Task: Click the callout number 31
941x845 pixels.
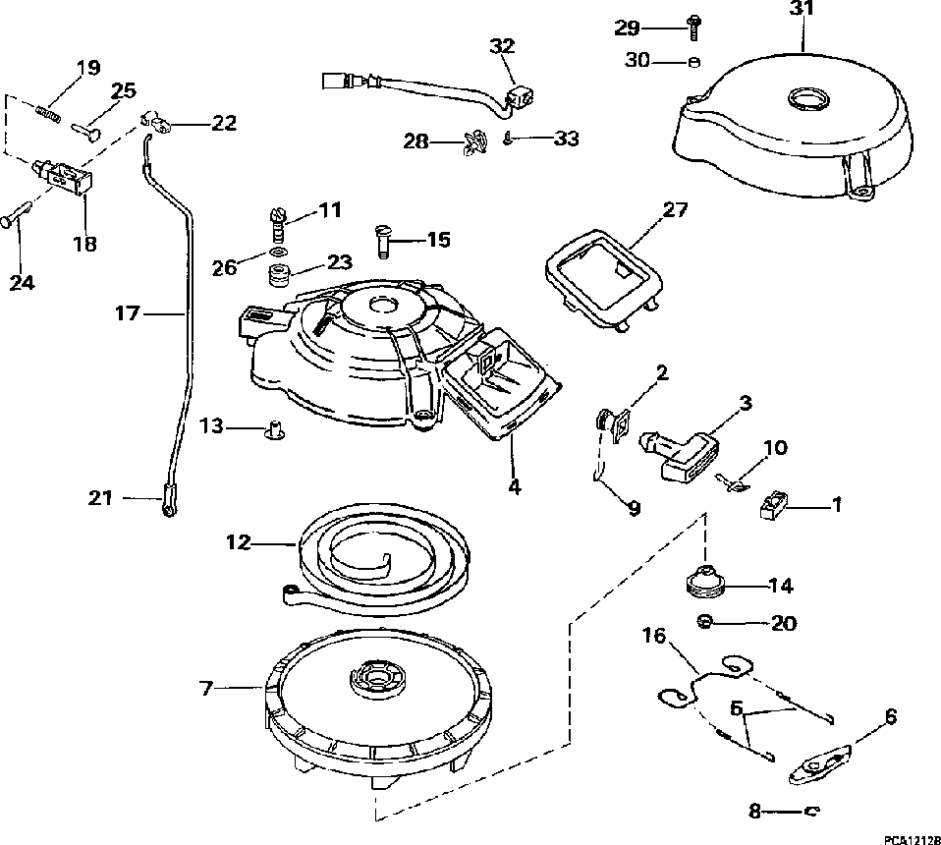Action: pyautogui.click(x=803, y=13)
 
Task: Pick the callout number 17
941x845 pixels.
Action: pyautogui.click(x=128, y=314)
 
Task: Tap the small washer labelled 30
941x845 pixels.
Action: pyautogui.click(x=693, y=61)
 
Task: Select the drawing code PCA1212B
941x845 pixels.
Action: pyautogui.click(x=909, y=838)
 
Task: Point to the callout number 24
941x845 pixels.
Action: pyautogui.click(x=22, y=282)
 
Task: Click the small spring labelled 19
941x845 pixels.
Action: pyautogui.click(x=49, y=112)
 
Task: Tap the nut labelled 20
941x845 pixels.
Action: pyautogui.click(x=703, y=621)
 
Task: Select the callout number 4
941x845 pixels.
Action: pyautogui.click(x=513, y=485)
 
